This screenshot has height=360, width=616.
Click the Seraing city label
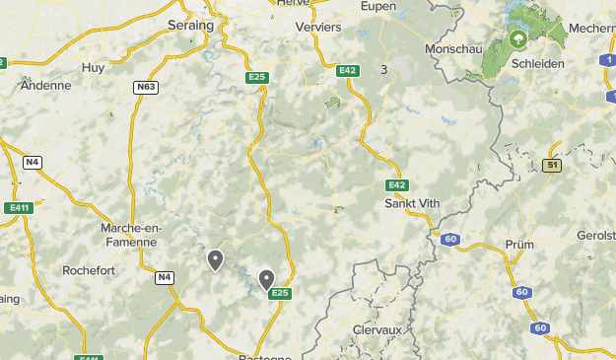[190, 25]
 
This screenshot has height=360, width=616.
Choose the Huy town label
[93, 67]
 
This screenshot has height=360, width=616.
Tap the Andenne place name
[45, 85]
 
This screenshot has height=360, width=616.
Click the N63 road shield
[146, 87]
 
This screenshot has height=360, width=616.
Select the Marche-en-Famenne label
[129, 234]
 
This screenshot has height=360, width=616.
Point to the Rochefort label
[90, 268]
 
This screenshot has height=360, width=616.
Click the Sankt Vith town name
[412, 203]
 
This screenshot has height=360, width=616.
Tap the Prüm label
[519, 244]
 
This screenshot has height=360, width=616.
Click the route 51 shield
[552, 166]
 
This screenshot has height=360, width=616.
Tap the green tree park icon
[517, 39]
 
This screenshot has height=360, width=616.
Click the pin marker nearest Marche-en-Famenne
[215, 259]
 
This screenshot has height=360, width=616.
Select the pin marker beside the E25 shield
[266, 279]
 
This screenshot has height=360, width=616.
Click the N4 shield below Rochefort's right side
[164, 278]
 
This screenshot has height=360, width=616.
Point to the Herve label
[293, 3]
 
